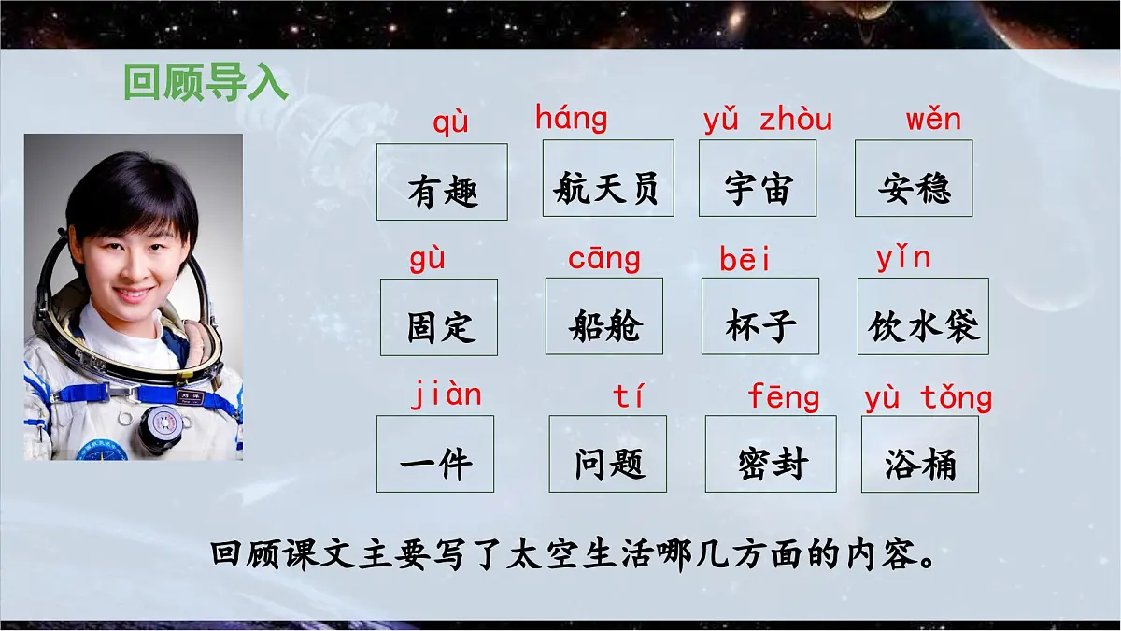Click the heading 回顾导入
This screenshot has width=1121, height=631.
tap(206, 82)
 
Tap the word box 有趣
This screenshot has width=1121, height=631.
tap(442, 182)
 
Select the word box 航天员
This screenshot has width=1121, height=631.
tap(607, 179)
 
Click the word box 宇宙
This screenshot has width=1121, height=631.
tap(758, 179)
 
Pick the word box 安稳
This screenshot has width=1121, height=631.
tap(914, 179)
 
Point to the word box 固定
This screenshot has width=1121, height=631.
tap(439, 317)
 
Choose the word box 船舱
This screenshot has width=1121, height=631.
tap(604, 316)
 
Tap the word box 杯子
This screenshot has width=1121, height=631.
tap(760, 316)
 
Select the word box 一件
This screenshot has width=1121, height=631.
tap(435, 453)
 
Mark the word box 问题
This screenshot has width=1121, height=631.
tap(608, 453)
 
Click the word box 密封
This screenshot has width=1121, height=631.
tap(771, 453)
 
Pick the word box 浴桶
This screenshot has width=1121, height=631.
tap(920, 453)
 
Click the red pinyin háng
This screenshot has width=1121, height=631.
tap(571, 119)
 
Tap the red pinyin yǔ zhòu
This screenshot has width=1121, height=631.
tap(767, 120)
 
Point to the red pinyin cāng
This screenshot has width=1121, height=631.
tap(604, 259)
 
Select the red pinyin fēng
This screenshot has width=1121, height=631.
tap(783, 397)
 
